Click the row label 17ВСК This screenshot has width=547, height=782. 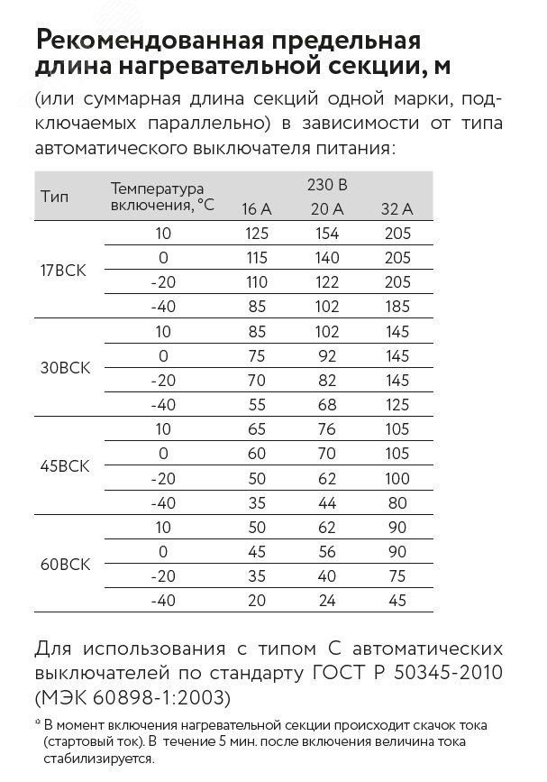click(x=65, y=270)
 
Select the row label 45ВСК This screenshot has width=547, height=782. click(x=65, y=466)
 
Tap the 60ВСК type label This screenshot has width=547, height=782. click(x=65, y=565)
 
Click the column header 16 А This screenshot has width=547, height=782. click(x=256, y=209)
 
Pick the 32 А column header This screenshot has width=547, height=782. click(x=397, y=209)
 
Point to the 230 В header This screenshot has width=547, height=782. click(x=326, y=185)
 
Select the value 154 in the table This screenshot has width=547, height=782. click(x=326, y=234)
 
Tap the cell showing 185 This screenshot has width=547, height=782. click(x=397, y=307)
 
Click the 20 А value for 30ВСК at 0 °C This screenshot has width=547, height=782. click(x=326, y=355)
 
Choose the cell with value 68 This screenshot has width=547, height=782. click(x=326, y=404)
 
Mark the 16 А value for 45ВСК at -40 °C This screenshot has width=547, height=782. click(x=256, y=502)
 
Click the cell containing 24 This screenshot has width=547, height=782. click(x=326, y=600)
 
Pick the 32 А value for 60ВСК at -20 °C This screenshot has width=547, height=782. click(x=397, y=576)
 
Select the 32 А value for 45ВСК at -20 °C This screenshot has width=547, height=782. click(x=397, y=478)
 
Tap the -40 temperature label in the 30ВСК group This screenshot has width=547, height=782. click(x=163, y=404)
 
